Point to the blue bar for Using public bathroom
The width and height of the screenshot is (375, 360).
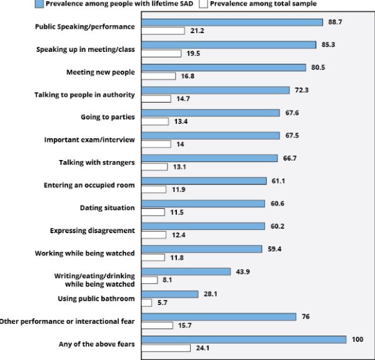170,294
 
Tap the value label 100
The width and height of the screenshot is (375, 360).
357,339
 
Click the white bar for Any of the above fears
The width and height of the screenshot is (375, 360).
166,347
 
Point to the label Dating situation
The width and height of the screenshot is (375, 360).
108,207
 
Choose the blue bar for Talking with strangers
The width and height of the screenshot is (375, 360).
209,158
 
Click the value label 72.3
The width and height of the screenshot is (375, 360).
301,90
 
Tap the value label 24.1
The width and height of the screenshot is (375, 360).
202,347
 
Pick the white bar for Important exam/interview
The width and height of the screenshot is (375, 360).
156,144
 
